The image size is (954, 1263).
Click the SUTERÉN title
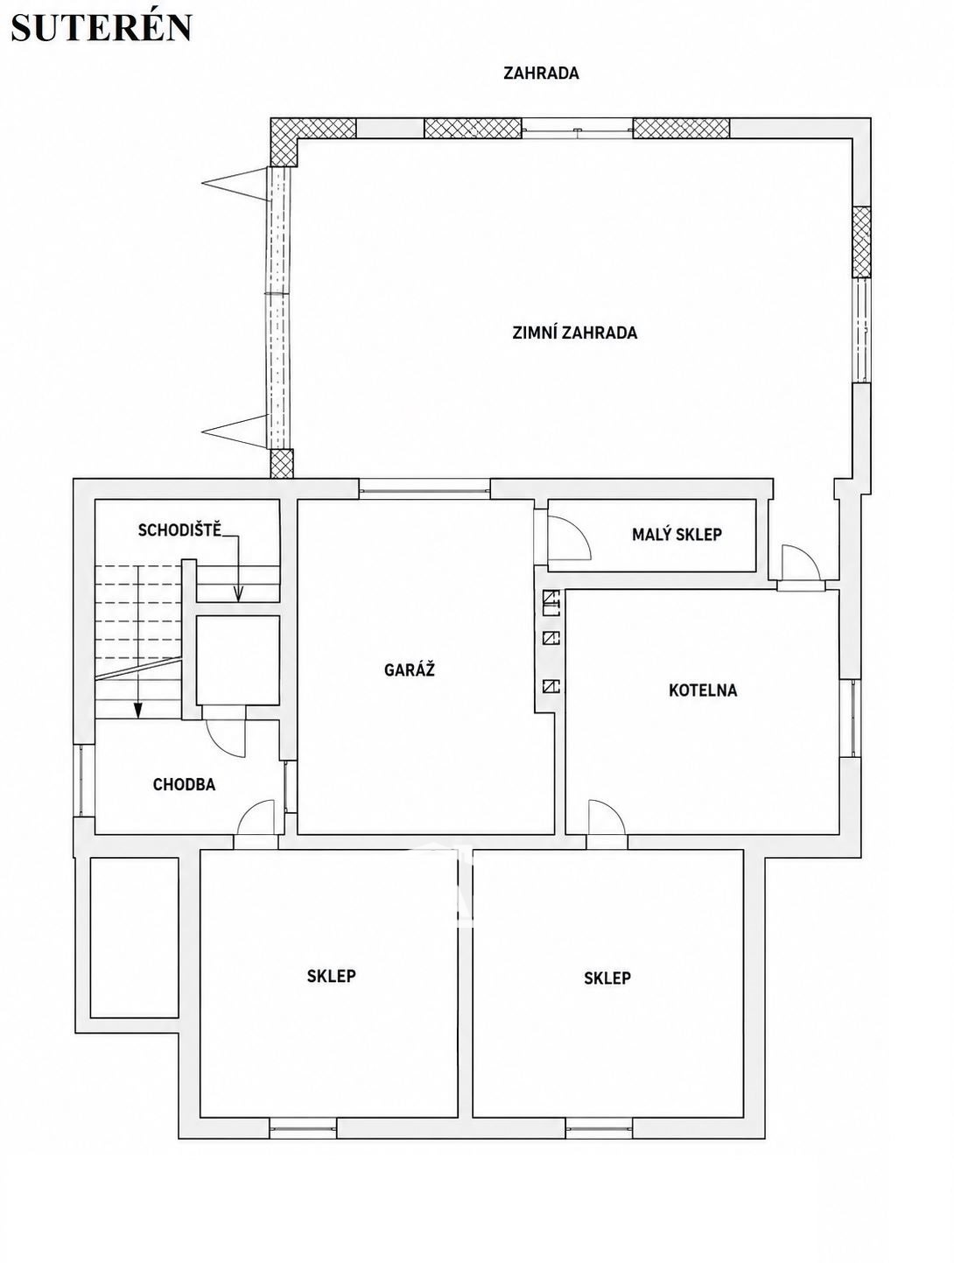click(101, 27)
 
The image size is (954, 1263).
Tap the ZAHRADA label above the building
click(541, 74)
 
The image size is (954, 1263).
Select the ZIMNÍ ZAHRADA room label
click(575, 333)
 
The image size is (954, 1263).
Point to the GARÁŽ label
click(410, 670)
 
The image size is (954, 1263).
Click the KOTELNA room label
click(703, 690)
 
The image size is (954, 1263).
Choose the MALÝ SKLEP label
click(677, 535)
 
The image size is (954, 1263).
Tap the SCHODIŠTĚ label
click(179, 530)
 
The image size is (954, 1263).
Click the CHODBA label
click(184, 784)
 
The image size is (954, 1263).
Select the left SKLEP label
click(332, 975)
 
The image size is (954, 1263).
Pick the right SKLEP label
click(607, 978)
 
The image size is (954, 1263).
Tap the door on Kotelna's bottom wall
click(607, 817)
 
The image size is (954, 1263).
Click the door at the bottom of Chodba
click(256, 817)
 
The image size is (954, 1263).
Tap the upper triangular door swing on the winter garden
click(236, 184)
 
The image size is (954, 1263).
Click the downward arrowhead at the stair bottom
click(137, 712)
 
